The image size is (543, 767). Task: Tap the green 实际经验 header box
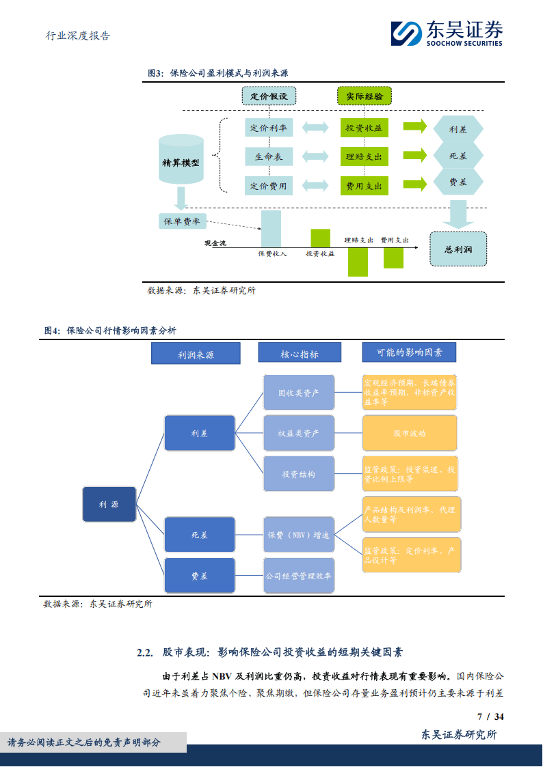(x=365, y=96)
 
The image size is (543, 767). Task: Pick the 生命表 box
(x=269, y=156)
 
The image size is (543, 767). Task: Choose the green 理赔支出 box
(x=364, y=156)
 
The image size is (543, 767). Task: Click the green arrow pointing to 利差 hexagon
(x=414, y=127)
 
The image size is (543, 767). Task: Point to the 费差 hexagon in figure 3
(x=458, y=183)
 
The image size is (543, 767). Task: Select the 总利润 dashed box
(x=458, y=249)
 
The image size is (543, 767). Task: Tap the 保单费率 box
(x=181, y=221)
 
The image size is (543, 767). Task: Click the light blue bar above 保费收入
(x=271, y=227)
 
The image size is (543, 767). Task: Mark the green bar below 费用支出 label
(x=393, y=257)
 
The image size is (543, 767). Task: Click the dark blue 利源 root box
(x=109, y=505)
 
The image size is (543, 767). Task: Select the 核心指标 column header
(x=299, y=353)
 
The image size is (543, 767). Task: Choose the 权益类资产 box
(x=299, y=433)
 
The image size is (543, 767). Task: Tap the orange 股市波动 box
(x=410, y=433)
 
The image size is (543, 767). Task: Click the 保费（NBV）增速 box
(x=299, y=535)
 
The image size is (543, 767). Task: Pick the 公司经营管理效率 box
(x=299, y=576)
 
